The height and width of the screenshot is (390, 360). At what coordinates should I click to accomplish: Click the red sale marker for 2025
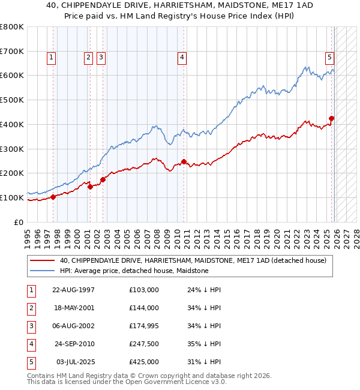pos(331,118)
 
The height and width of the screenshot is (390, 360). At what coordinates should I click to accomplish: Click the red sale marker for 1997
pos(53,196)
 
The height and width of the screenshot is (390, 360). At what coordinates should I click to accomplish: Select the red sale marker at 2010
pos(184,161)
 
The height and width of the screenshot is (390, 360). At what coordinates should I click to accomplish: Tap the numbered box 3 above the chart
pos(100,58)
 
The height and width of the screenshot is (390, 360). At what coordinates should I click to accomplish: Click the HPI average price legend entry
pos(134,271)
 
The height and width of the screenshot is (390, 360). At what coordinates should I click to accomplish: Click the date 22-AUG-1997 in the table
pos(73,290)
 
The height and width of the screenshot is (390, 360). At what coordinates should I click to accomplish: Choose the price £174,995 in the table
pos(143,326)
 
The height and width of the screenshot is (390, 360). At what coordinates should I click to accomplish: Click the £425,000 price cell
pos(143,362)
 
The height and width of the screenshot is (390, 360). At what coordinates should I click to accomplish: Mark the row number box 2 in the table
pos(31,308)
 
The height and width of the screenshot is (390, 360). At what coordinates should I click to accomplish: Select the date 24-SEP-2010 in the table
pos(73,344)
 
